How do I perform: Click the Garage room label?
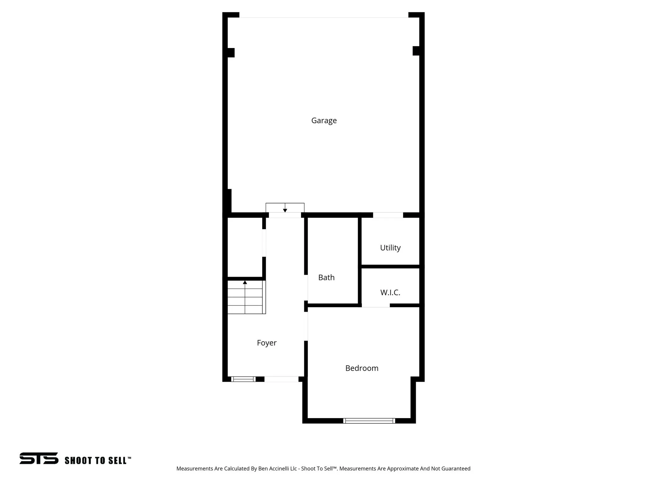pos(324,121)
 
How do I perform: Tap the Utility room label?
pos(390,248)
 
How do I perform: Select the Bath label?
pos(326,278)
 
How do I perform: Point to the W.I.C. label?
pos(390,293)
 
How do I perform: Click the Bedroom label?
pos(362,368)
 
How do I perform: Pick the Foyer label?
pos(267,343)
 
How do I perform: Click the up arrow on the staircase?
pos(245,282)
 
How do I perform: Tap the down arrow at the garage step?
pos(285,210)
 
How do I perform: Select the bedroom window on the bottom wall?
pos(369,421)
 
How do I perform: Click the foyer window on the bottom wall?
pos(243,379)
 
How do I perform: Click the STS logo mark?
pos(39,458)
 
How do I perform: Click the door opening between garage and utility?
pos(388,215)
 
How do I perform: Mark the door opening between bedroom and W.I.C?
pos(376,305)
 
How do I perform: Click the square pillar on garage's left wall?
pos(231,53)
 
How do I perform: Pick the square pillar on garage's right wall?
pos(416,51)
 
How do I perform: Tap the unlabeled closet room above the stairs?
pos(245,247)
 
